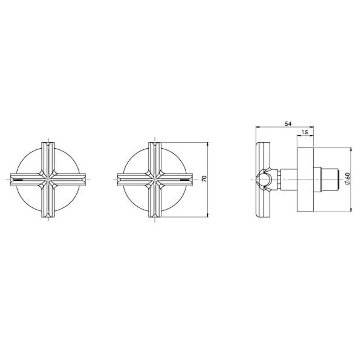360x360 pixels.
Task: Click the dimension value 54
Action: point(288,124)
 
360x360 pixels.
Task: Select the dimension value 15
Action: point(305,132)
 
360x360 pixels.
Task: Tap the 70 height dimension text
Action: point(204,179)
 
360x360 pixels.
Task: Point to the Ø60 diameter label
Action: point(347,178)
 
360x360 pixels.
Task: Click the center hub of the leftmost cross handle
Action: point(48,180)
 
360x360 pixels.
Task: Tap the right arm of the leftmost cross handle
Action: point(70,180)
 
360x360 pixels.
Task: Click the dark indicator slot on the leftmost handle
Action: point(18,180)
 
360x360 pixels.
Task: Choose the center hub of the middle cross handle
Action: point(155,180)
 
